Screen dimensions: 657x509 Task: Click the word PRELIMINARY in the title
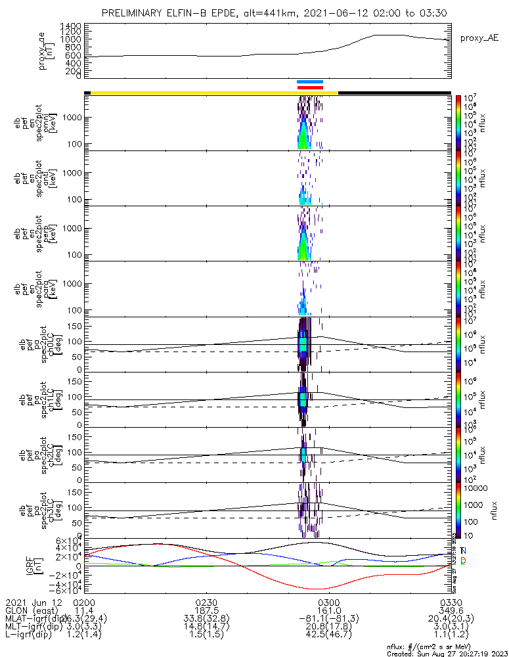136,13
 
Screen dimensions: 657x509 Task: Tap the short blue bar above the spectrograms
310,82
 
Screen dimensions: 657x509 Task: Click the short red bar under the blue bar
310,87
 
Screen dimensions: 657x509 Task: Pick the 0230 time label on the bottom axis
206,602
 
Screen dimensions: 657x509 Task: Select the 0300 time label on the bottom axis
328,602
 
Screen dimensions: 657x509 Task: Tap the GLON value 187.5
206,610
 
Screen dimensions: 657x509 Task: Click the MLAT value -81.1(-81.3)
328,618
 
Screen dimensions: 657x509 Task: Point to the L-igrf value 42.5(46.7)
328,635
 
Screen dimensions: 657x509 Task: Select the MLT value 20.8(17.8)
328,627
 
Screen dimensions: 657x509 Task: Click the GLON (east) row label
32,610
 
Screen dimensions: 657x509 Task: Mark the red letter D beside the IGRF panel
463,560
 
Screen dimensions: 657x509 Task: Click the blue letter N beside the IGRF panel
463,551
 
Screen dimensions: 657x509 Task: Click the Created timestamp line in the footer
447,654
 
